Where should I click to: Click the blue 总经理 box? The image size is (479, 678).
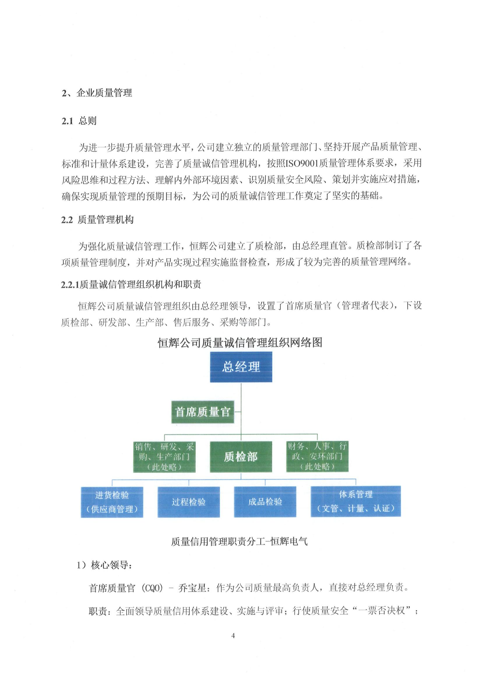(241, 367)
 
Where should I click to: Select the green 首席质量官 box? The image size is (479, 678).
(202, 412)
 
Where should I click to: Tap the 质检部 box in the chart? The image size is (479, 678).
(241, 457)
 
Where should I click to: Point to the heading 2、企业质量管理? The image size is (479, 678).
(97, 93)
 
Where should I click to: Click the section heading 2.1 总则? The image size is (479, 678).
(79, 121)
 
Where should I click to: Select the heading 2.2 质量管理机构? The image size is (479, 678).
(97, 220)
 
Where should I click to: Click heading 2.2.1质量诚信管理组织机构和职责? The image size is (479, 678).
(131, 284)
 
